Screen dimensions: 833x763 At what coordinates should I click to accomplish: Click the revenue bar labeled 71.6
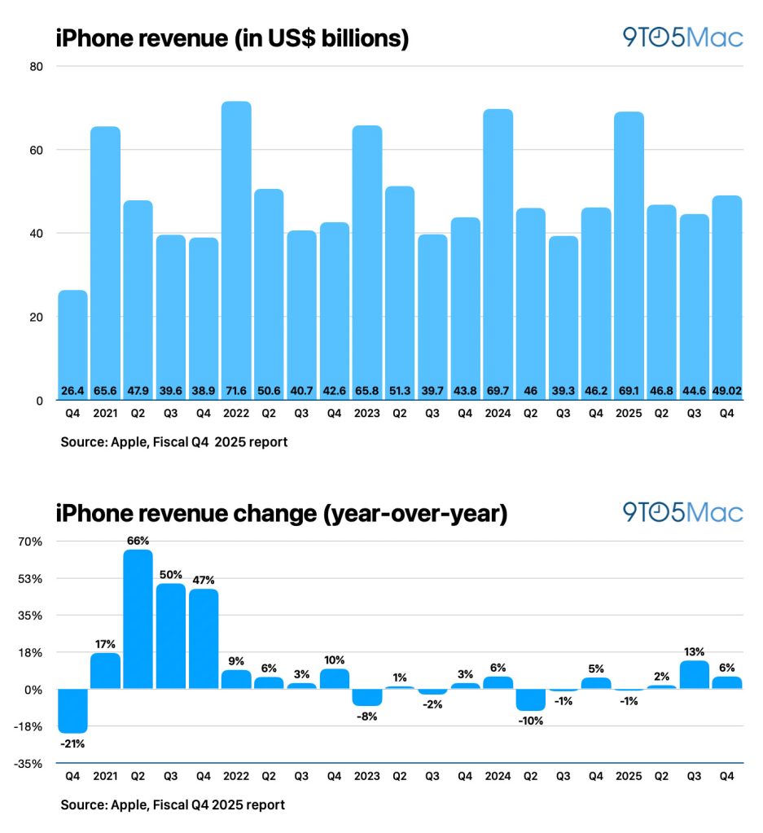236,244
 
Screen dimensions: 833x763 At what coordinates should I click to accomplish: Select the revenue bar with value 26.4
72,342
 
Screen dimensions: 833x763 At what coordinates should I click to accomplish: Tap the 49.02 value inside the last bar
727,392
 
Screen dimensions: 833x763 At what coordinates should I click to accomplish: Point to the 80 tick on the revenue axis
37,67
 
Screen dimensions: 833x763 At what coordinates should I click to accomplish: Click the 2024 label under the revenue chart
498,414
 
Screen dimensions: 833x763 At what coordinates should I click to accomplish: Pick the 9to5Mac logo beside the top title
682,37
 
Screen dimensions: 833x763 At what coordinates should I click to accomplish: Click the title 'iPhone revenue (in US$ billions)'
232,38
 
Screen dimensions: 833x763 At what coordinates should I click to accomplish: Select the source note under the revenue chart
173,443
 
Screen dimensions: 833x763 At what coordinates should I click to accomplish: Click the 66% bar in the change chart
138,619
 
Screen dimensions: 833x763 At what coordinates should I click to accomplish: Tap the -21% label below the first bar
72,743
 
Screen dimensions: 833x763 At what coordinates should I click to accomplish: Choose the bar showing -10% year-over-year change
531,699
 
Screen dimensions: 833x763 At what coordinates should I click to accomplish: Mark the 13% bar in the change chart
695,674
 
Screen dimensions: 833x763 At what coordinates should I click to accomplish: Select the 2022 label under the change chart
236,777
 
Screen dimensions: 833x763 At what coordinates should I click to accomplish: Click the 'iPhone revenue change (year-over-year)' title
282,514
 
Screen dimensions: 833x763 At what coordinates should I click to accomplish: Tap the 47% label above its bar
204,580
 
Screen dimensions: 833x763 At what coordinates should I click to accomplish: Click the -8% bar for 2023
366,697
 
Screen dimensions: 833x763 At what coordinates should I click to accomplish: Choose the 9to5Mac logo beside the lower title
682,512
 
